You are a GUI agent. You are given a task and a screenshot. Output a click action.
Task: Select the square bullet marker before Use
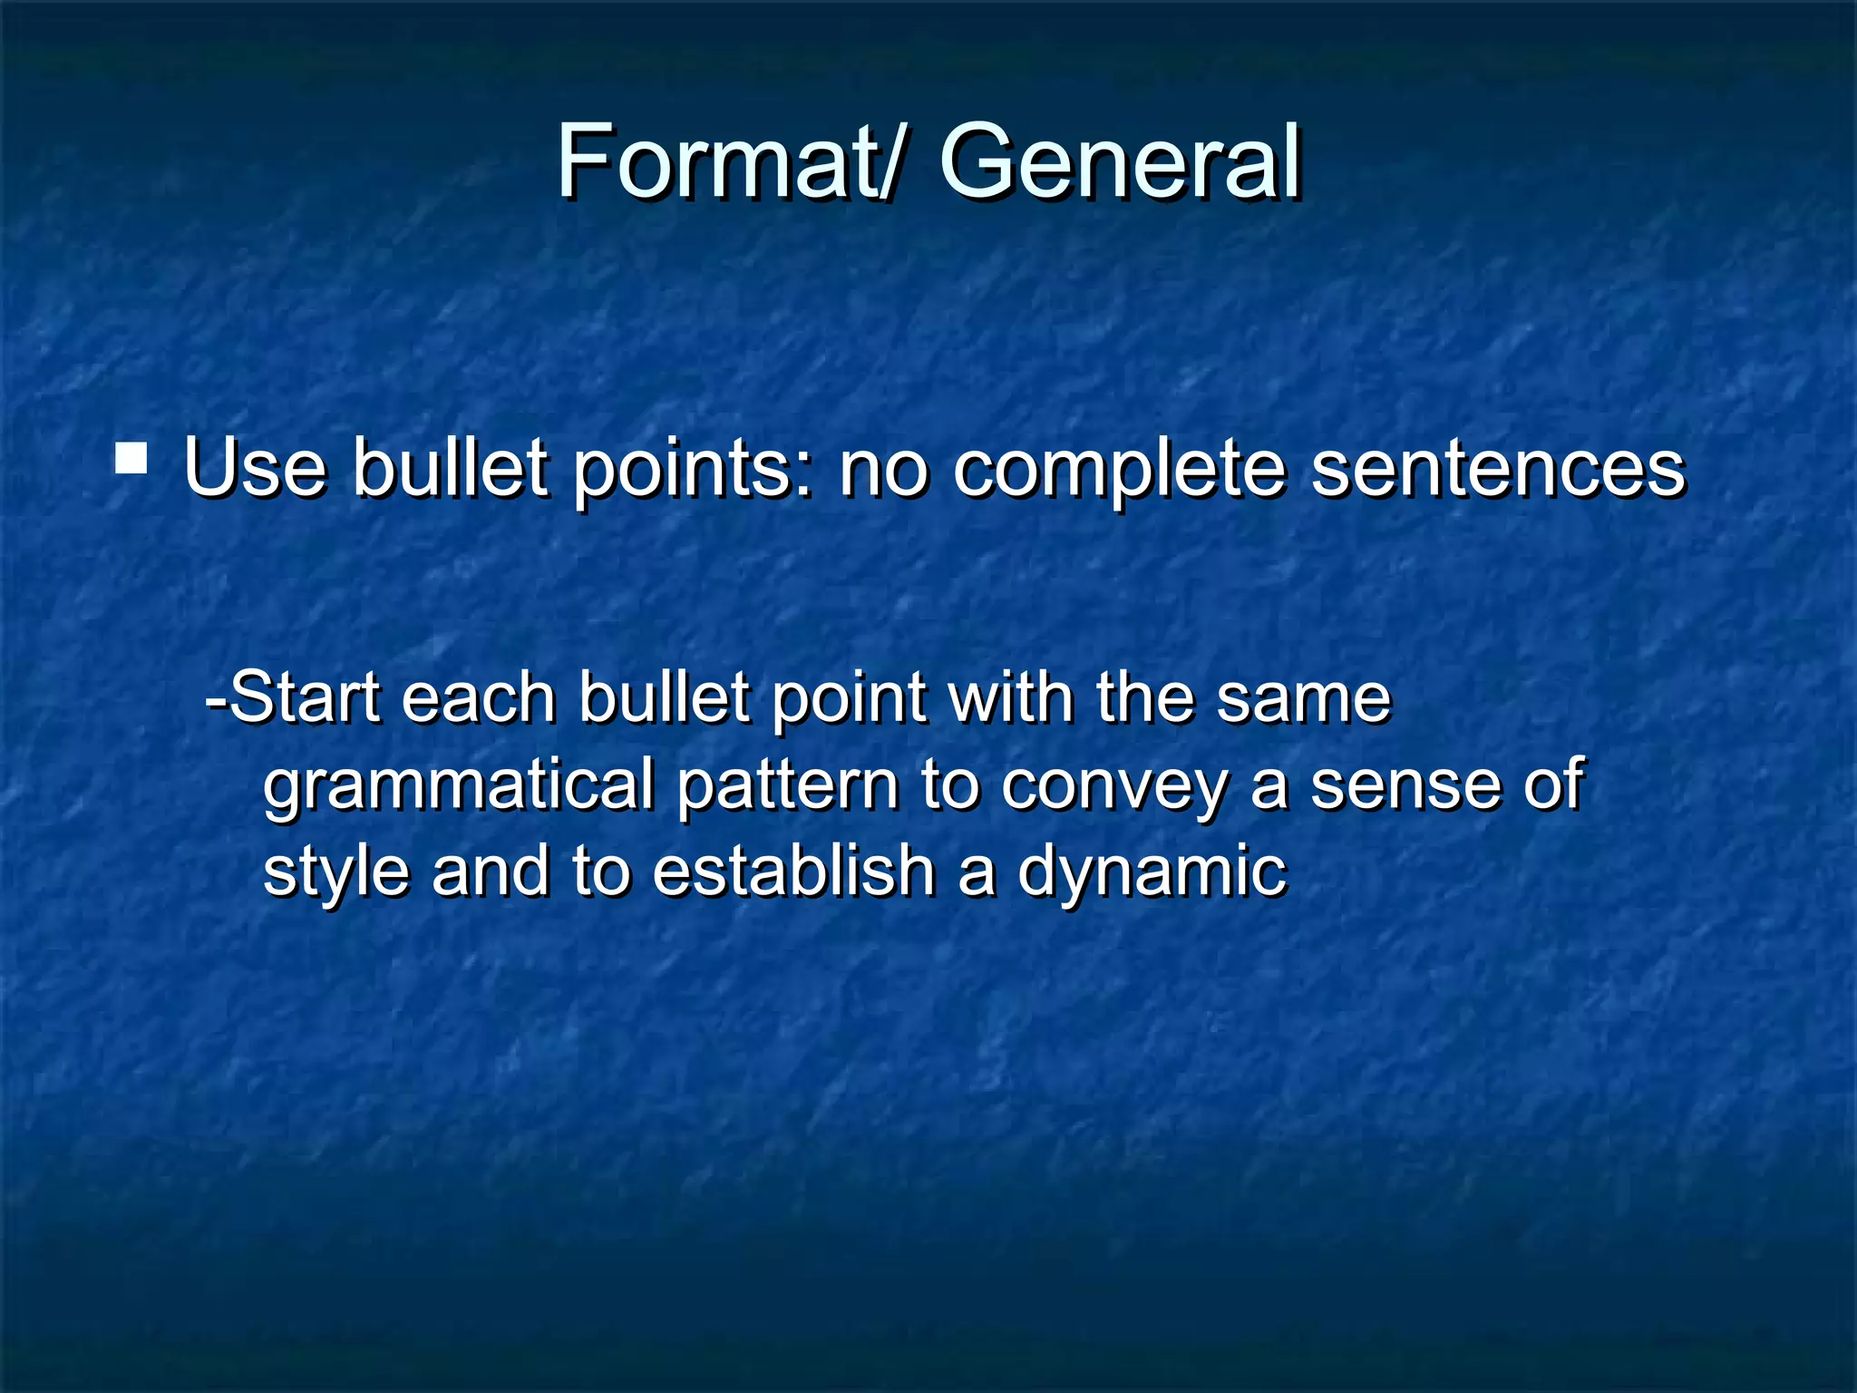[x=131, y=459]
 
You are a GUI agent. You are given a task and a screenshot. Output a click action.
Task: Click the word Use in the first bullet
[x=255, y=469]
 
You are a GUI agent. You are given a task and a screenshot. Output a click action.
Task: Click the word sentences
[x=1498, y=469]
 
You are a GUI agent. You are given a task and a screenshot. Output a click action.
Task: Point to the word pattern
[x=787, y=784]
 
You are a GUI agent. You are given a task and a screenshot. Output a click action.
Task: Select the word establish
[x=793, y=870]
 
